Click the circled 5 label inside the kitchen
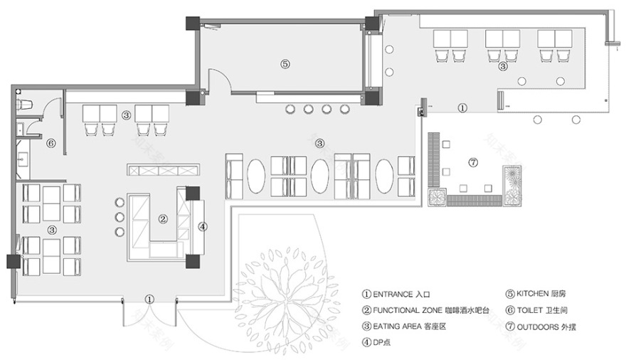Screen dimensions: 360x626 (x=285, y=63)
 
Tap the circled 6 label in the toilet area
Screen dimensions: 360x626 (x=51, y=142)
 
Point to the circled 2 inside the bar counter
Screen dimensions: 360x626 (x=162, y=219)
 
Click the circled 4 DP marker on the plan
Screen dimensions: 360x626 (x=202, y=227)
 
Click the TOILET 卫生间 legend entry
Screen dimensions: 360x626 (x=537, y=310)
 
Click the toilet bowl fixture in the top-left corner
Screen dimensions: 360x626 (x=26, y=104)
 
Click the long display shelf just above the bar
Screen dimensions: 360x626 (x=163, y=170)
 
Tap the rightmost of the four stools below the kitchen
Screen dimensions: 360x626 (x=345, y=110)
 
